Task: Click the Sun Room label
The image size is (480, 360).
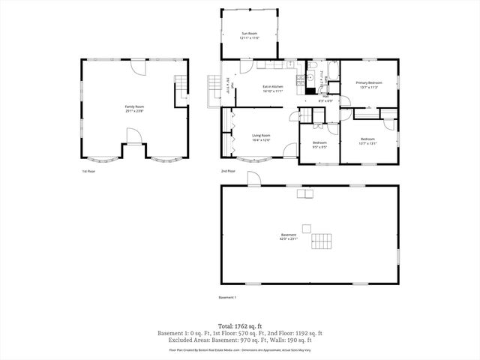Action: [x=250, y=34]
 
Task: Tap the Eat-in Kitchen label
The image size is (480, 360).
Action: [x=272, y=87]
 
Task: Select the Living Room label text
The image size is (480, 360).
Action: [x=261, y=136]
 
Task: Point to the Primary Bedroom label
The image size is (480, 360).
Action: [x=369, y=82]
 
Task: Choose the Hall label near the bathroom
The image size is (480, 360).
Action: [x=326, y=96]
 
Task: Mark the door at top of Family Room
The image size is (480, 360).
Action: [x=137, y=66]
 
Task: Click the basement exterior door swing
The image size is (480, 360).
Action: [x=253, y=178]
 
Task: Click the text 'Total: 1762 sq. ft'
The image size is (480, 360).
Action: [x=239, y=326]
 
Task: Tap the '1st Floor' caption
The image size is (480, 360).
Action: [x=89, y=171]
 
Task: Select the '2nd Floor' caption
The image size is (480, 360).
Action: [x=228, y=171]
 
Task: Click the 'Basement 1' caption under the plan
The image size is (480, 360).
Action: [x=227, y=297]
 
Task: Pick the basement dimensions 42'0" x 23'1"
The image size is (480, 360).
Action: [x=289, y=239]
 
